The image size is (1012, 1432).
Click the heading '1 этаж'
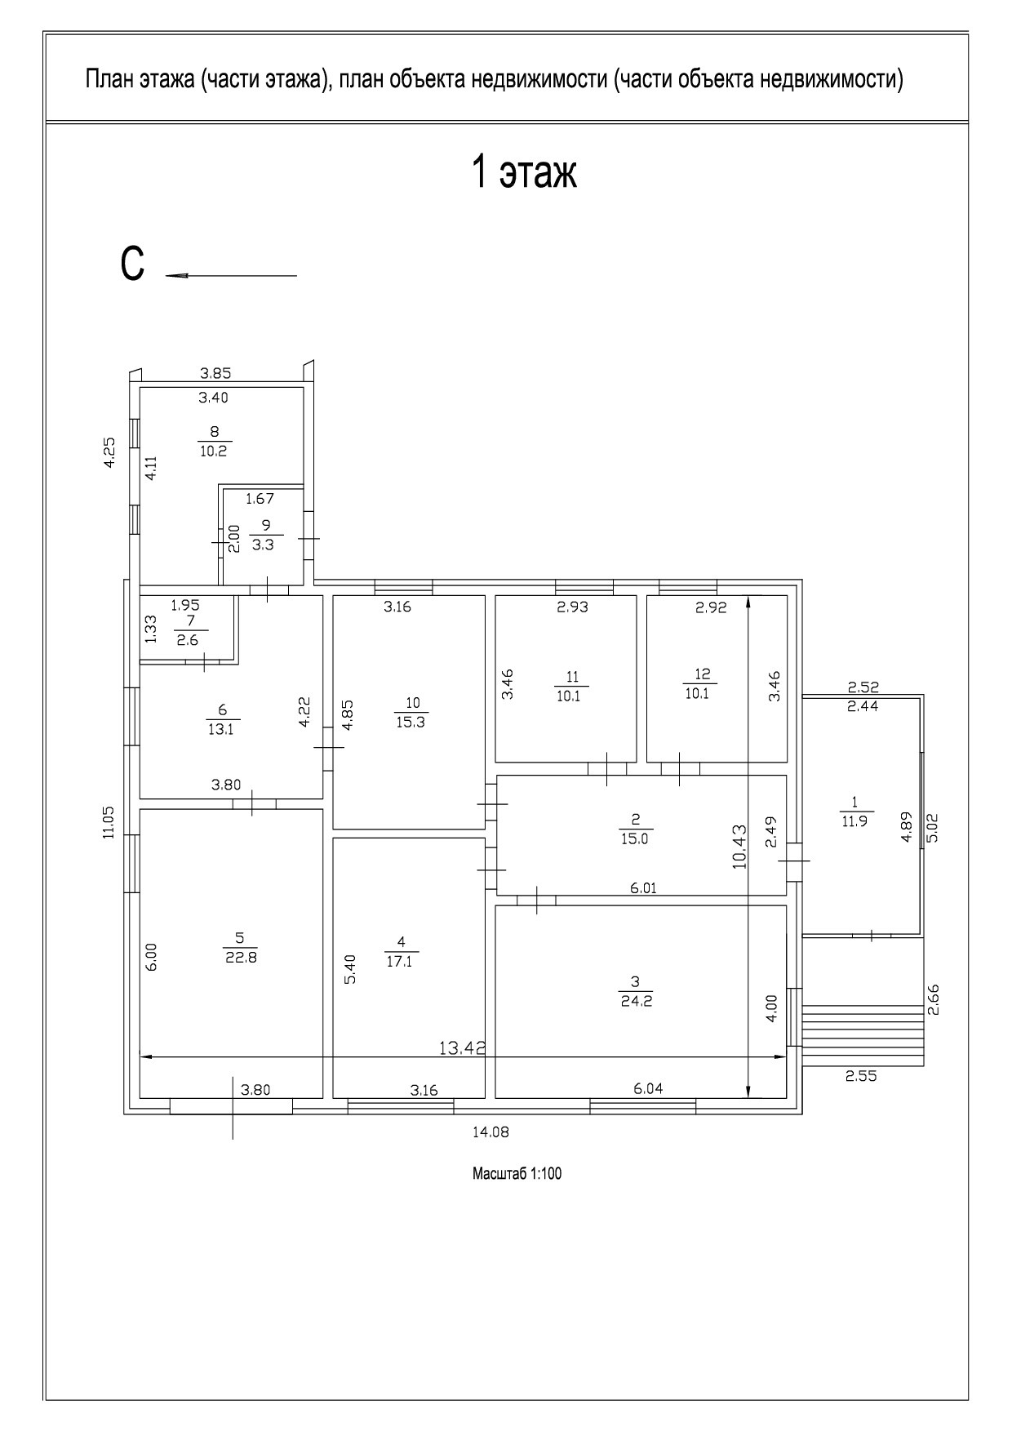pyautogui.click(x=524, y=173)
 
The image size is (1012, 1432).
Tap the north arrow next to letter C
pyautogui.click(x=231, y=276)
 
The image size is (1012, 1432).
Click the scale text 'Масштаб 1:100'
pyautogui.click(x=517, y=1174)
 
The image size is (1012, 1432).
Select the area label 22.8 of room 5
pyautogui.click(x=241, y=958)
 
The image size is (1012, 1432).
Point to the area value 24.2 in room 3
pyautogui.click(x=636, y=1002)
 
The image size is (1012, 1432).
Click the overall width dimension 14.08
pyautogui.click(x=490, y=1132)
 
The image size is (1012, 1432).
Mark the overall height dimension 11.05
pyautogui.click(x=109, y=822)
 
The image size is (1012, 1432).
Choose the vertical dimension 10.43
pyautogui.click(x=739, y=847)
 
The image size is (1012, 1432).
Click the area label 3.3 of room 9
pyautogui.click(x=263, y=545)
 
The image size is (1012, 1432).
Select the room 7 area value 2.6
pyautogui.click(x=188, y=640)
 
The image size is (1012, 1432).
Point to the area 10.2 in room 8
pyautogui.click(x=212, y=451)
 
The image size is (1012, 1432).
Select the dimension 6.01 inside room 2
pyautogui.click(x=643, y=888)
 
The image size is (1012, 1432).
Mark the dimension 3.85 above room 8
pyautogui.click(x=215, y=374)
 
